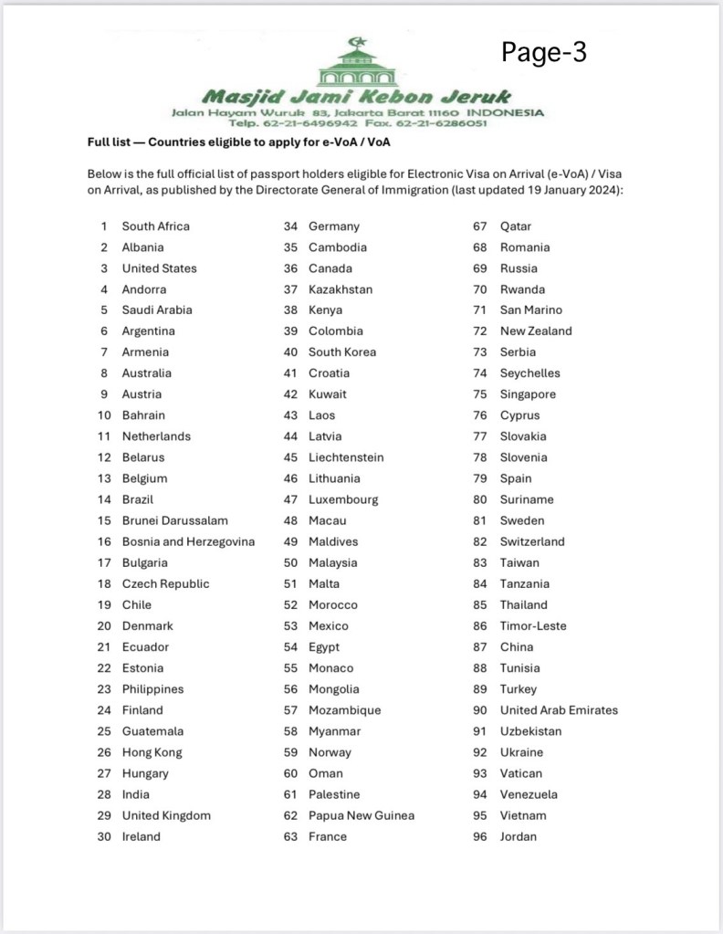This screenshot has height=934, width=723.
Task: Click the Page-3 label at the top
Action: pos(544,52)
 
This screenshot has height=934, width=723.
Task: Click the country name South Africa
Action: pos(156,226)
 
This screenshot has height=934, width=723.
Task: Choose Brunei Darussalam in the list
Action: pos(175,520)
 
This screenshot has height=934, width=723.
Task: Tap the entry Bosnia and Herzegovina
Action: pos(188,541)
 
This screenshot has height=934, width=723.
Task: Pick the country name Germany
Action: pos(334,226)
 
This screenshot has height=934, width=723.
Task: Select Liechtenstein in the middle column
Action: pos(346,457)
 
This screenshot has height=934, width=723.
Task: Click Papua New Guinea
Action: pos(361,815)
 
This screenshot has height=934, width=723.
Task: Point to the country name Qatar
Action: pos(516,226)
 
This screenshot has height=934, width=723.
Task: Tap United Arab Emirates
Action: pos(559,710)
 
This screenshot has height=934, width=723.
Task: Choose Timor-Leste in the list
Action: pos(533,626)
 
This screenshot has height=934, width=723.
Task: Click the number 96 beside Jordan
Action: pos(480,836)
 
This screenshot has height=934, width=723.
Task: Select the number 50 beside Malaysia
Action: pos(291,562)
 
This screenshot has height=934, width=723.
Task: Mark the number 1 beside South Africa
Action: pos(104,226)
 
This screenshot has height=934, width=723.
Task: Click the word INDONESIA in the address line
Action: pos(506,112)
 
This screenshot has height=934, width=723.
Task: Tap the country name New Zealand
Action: pos(536,331)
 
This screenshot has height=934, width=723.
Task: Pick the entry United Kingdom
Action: pos(166,815)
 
